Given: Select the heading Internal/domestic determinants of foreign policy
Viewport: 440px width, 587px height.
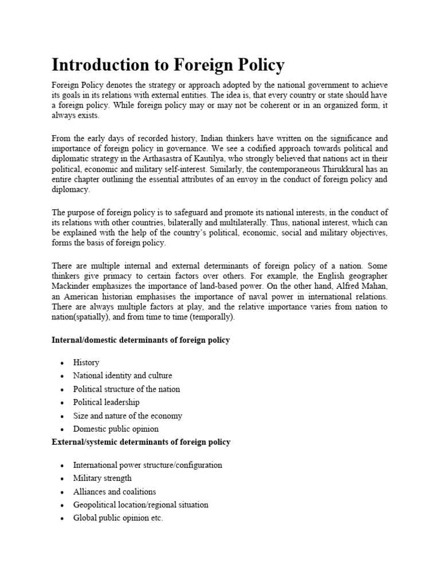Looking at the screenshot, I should pos(140,340).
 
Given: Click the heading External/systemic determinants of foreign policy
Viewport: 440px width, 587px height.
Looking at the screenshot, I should pos(141,442).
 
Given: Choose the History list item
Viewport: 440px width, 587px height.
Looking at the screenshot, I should pos(86,362).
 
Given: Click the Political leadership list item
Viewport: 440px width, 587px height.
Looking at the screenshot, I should pos(106,402).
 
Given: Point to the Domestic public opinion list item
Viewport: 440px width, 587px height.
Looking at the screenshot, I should pos(116,429).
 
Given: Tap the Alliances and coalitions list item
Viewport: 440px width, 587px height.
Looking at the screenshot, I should pos(114,491).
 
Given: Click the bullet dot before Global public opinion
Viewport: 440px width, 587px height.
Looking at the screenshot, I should pos(62,519).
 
